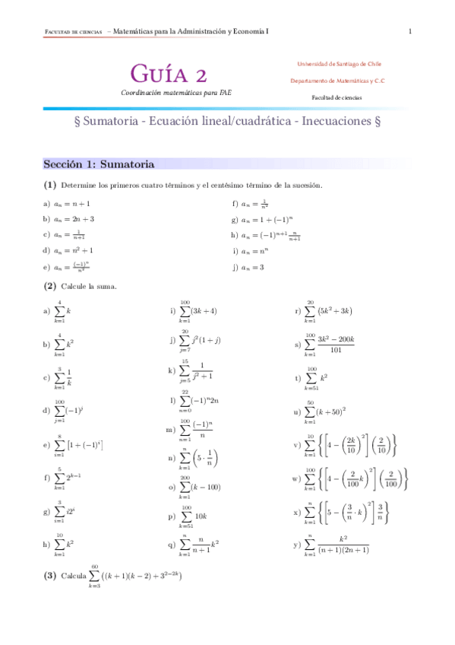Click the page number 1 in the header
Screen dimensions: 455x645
click(410, 31)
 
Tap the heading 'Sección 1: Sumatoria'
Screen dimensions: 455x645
click(99, 164)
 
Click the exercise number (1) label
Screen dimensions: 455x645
click(50, 185)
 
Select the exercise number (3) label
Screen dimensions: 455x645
click(50, 576)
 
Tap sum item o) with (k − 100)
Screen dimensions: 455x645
click(194, 486)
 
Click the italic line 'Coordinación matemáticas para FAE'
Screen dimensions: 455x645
click(176, 92)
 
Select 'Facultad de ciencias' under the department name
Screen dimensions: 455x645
click(337, 97)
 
